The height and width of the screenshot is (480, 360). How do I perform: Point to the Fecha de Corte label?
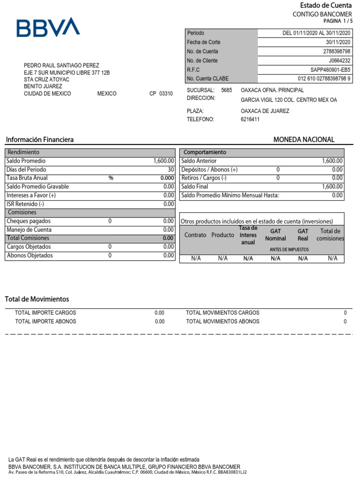203,42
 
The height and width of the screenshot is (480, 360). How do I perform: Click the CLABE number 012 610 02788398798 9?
324,79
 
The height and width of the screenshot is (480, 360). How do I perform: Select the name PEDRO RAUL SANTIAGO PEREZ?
61,66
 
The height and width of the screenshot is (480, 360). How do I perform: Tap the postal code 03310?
166,94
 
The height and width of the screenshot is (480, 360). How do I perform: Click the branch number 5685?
226,90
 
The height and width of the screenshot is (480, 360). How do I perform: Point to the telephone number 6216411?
250,120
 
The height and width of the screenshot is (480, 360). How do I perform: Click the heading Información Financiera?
39,140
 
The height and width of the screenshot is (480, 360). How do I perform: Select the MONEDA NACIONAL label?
304,140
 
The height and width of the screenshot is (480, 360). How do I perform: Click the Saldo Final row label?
195,187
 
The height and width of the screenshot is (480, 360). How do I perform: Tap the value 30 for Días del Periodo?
171,170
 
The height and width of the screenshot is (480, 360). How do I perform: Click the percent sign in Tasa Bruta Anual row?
111,178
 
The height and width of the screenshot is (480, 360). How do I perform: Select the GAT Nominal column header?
276,235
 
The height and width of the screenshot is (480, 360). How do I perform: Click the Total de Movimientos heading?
37,299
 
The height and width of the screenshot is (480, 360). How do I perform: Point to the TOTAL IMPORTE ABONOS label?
45,322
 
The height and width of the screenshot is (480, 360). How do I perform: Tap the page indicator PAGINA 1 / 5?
337,21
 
